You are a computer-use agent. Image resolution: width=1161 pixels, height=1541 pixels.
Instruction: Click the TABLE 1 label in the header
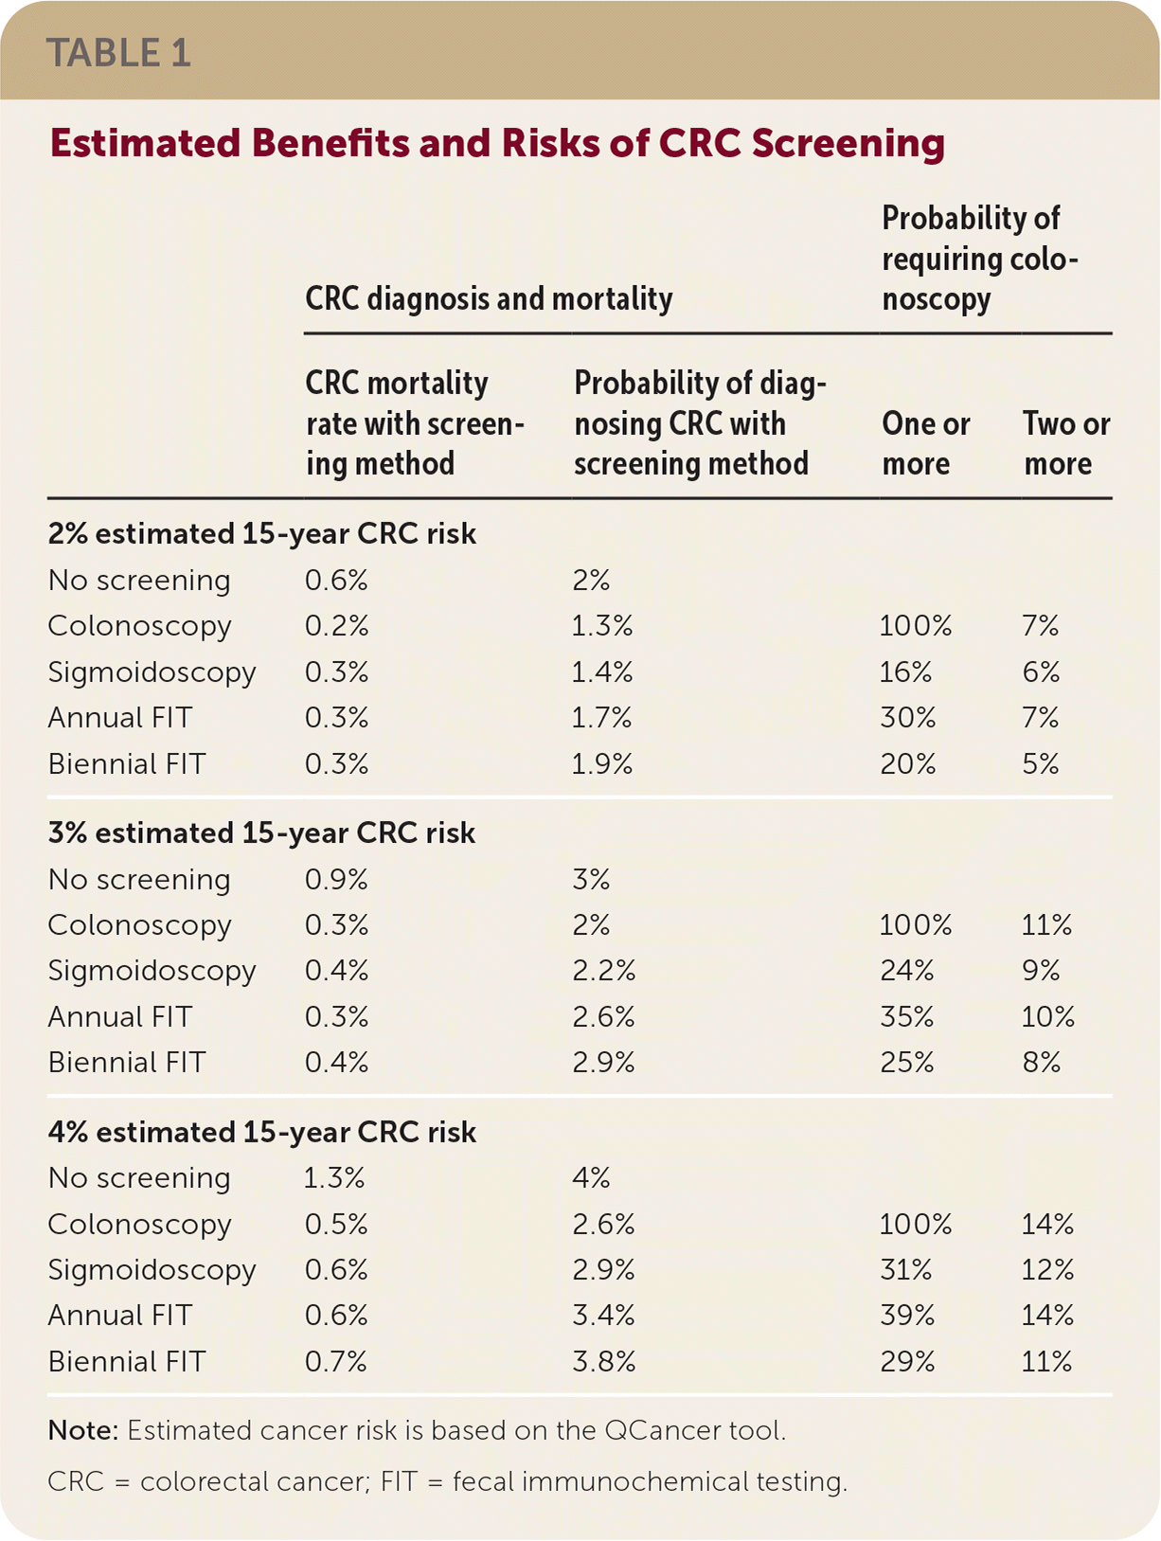[119, 53]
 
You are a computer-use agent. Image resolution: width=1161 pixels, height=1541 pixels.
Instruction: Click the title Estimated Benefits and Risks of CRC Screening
[497, 143]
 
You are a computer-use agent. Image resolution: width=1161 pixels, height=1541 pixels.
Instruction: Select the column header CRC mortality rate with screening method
[414, 422]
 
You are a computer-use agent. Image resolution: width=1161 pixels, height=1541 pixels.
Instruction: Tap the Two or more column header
[1066, 443]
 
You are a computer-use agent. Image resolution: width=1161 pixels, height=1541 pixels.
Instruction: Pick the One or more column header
[925, 443]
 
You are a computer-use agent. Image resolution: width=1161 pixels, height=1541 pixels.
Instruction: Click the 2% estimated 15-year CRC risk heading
[261, 534]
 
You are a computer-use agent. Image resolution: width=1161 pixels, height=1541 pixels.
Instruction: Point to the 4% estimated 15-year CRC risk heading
[261, 1132]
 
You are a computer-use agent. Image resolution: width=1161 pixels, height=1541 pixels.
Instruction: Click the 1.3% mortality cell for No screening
[334, 1178]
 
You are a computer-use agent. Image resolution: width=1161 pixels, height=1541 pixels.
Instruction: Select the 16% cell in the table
[905, 672]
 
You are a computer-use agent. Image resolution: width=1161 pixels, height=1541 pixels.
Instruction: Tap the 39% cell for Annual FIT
[907, 1316]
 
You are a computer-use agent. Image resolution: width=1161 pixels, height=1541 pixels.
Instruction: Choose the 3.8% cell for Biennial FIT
[603, 1362]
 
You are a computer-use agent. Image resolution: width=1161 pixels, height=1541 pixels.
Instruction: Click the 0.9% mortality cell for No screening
[336, 880]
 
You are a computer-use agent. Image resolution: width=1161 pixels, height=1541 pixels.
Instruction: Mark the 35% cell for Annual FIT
[907, 1017]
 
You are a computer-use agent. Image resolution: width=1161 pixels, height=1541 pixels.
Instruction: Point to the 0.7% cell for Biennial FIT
[336, 1362]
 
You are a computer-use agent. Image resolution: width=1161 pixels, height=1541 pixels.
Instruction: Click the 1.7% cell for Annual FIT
[601, 718]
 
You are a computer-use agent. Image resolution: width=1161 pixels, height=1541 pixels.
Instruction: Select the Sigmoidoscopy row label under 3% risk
[152, 971]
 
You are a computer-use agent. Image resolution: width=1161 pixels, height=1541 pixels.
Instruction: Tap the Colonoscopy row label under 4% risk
[139, 1225]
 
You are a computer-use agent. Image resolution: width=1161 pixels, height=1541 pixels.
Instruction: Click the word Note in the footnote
[81, 1430]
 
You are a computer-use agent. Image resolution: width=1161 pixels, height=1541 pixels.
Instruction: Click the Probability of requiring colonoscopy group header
[979, 259]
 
